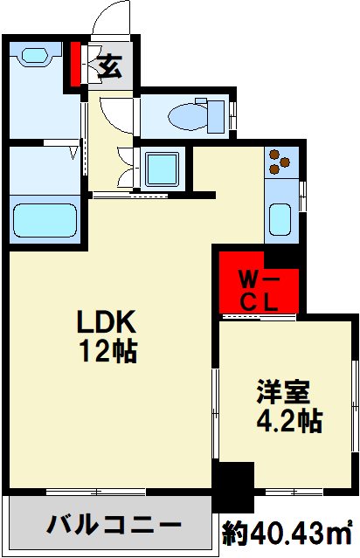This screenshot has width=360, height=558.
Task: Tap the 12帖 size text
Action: click(x=108, y=351)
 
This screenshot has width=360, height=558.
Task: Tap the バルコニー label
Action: click(x=114, y=527)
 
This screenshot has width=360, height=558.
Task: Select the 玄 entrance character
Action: click(x=111, y=67)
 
